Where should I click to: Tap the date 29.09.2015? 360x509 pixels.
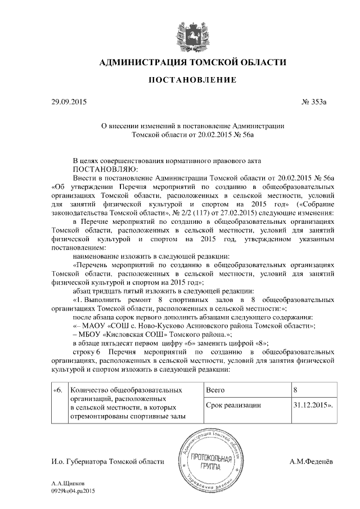click(69, 102)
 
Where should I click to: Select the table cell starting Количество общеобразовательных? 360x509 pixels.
click(134, 403)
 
